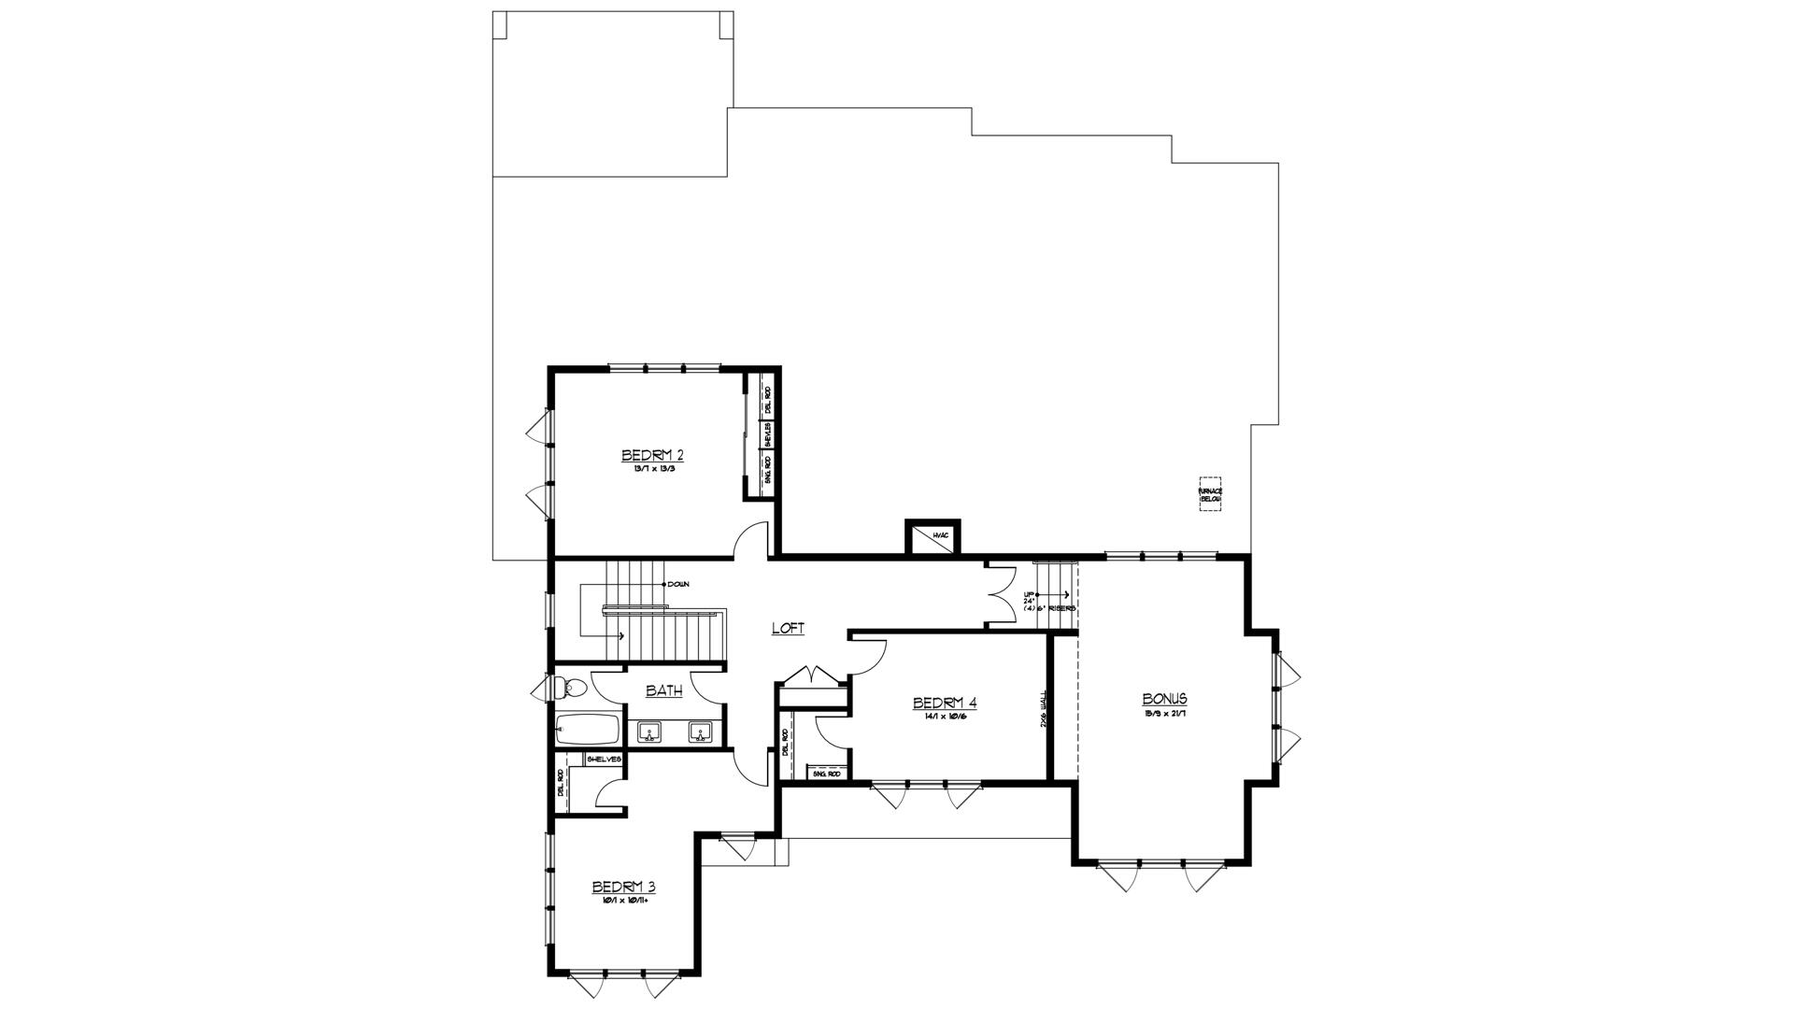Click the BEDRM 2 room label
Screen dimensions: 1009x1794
tap(652, 455)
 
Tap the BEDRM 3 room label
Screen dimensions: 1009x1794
tap(624, 887)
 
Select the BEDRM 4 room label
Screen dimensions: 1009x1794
tap(945, 703)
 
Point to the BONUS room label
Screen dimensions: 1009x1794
tap(1164, 699)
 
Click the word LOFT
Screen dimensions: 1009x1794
tap(788, 629)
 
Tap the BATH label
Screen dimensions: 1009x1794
tap(664, 691)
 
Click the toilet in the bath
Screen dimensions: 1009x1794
tap(569, 689)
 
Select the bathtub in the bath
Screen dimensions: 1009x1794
tap(587, 730)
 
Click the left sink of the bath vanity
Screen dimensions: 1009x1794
tap(649, 732)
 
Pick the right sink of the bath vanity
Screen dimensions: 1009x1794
tap(700, 732)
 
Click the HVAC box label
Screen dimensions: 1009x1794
tap(940, 535)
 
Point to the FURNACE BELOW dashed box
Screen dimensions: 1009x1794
tap(1210, 494)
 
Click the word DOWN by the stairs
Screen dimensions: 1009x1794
tap(678, 584)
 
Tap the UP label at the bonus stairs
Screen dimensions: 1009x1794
tap(1029, 594)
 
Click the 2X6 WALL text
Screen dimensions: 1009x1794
tap(1044, 710)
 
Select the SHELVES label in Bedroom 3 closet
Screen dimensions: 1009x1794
tap(604, 760)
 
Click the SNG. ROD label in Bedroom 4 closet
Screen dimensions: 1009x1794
tap(827, 775)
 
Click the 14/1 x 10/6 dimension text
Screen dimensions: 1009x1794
tap(945, 717)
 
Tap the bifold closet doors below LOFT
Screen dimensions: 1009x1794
tap(814, 675)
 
